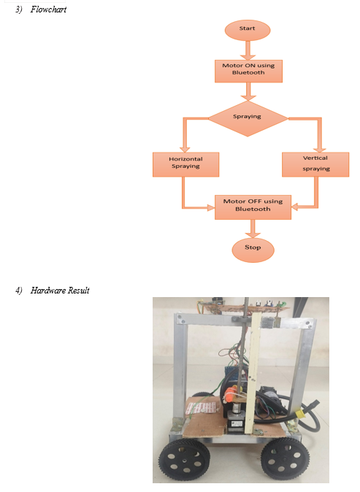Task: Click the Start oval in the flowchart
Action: pos(248,30)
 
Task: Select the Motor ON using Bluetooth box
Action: pos(248,72)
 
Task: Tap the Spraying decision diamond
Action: pos(248,118)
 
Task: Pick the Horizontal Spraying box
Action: pos(185,164)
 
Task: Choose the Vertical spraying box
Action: pos(315,164)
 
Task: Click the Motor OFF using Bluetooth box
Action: pos(253,207)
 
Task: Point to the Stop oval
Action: pos(253,250)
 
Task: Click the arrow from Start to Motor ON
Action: pos(248,50)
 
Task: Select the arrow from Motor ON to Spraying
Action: pos(248,91)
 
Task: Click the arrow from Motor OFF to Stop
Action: pos(253,228)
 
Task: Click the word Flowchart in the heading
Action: pos(48,9)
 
